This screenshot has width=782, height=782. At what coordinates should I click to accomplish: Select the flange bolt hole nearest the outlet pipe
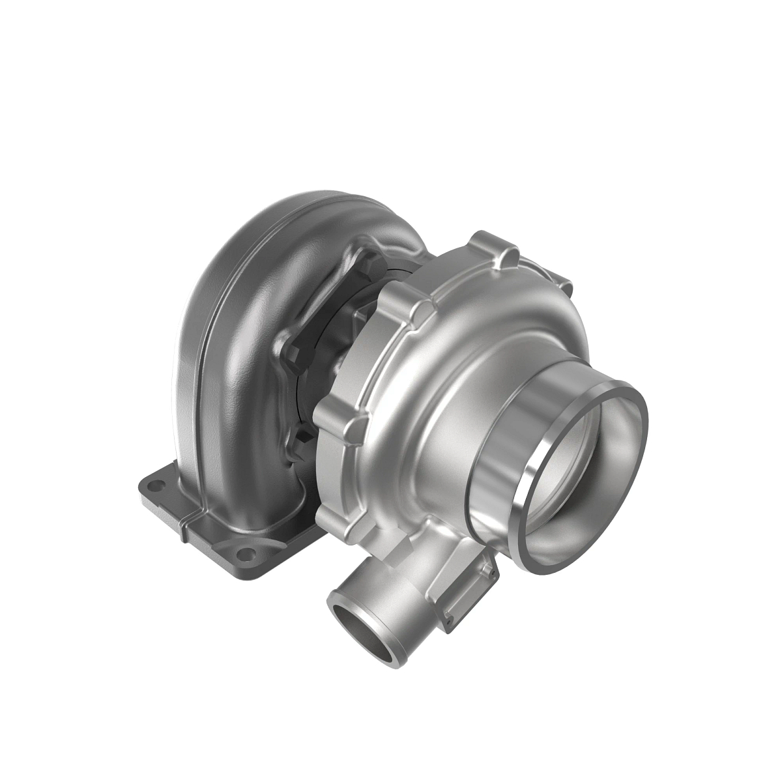[246, 555]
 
